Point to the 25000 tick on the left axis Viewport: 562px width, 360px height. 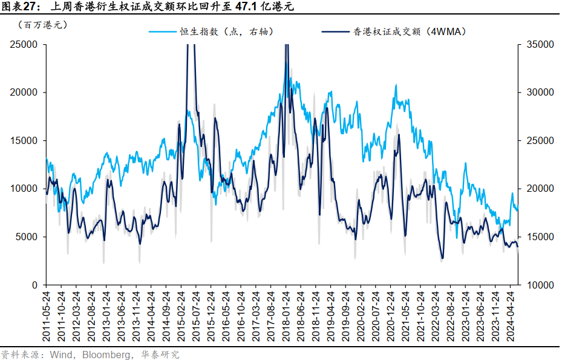(24, 45)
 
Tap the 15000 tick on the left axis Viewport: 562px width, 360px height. (24, 140)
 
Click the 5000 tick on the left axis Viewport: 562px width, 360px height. (26, 237)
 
